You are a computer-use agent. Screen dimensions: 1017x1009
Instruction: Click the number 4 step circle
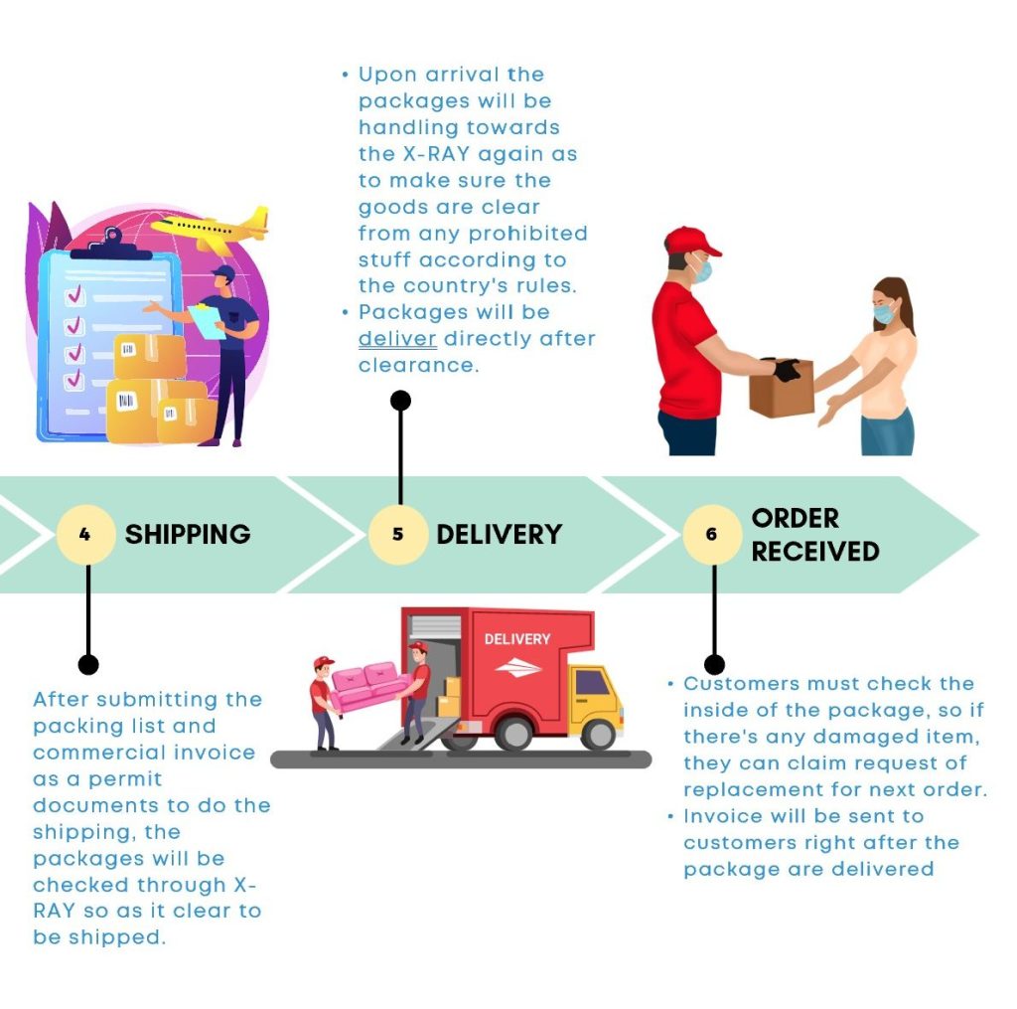point(85,535)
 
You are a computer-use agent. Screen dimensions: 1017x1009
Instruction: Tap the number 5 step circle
point(398,535)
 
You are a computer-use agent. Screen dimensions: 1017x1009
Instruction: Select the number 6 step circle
point(712,535)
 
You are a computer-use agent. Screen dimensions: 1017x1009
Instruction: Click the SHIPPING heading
point(188,535)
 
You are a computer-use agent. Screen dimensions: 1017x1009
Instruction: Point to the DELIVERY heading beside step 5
point(500,535)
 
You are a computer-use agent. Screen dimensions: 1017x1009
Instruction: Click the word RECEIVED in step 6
point(815,552)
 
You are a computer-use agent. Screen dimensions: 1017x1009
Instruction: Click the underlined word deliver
point(397,339)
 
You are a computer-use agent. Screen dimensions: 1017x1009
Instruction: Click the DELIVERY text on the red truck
point(517,639)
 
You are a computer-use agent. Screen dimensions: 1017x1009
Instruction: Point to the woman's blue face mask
point(884,313)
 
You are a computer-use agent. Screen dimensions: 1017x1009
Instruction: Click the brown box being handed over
point(782,388)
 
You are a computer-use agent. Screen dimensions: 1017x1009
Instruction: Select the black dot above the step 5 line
point(401,401)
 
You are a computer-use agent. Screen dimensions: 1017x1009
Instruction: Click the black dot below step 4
point(88,664)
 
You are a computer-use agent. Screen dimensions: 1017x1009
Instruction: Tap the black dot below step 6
point(714,664)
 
